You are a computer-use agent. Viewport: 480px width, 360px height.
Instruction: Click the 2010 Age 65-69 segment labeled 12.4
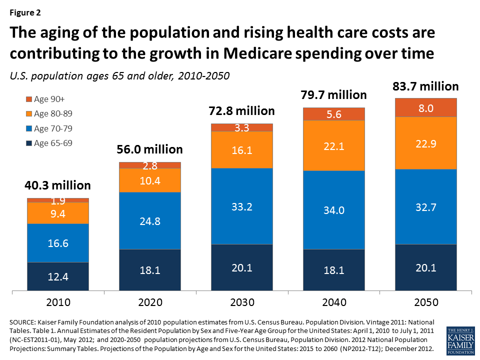[x=58, y=276]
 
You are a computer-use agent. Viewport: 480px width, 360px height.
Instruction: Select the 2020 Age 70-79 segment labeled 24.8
[x=150, y=220]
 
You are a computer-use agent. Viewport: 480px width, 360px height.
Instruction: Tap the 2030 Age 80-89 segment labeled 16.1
[x=242, y=149]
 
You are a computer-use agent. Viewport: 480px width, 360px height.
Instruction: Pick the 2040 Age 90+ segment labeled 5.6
[x=334, y=114]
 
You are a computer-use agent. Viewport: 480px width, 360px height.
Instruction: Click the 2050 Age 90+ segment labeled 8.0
[x=426, y=107]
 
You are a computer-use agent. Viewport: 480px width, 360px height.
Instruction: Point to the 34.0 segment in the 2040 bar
[x=334, y=210]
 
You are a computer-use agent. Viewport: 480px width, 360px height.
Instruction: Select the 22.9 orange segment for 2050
[x=426, y=143]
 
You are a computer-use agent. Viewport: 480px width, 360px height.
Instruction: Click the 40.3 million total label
[x=58, y=185]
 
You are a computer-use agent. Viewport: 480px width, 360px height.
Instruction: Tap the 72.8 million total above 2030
[x=242, y=110]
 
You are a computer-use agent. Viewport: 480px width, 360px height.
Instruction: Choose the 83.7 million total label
[x=426, y=86]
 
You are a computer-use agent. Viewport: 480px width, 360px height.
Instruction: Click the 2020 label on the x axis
[x=150, y=302]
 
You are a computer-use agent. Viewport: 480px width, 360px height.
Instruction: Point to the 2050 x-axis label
[x=426, y=302]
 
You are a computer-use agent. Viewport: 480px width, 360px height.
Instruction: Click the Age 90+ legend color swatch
[x=29, y=99]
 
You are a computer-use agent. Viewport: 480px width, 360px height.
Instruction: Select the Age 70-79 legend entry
[x=53, y=128]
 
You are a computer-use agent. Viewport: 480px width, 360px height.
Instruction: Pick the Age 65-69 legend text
[x=53, y=143]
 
